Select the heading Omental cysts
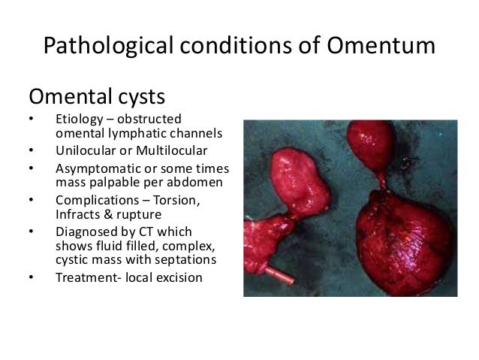tap(97, 98)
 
